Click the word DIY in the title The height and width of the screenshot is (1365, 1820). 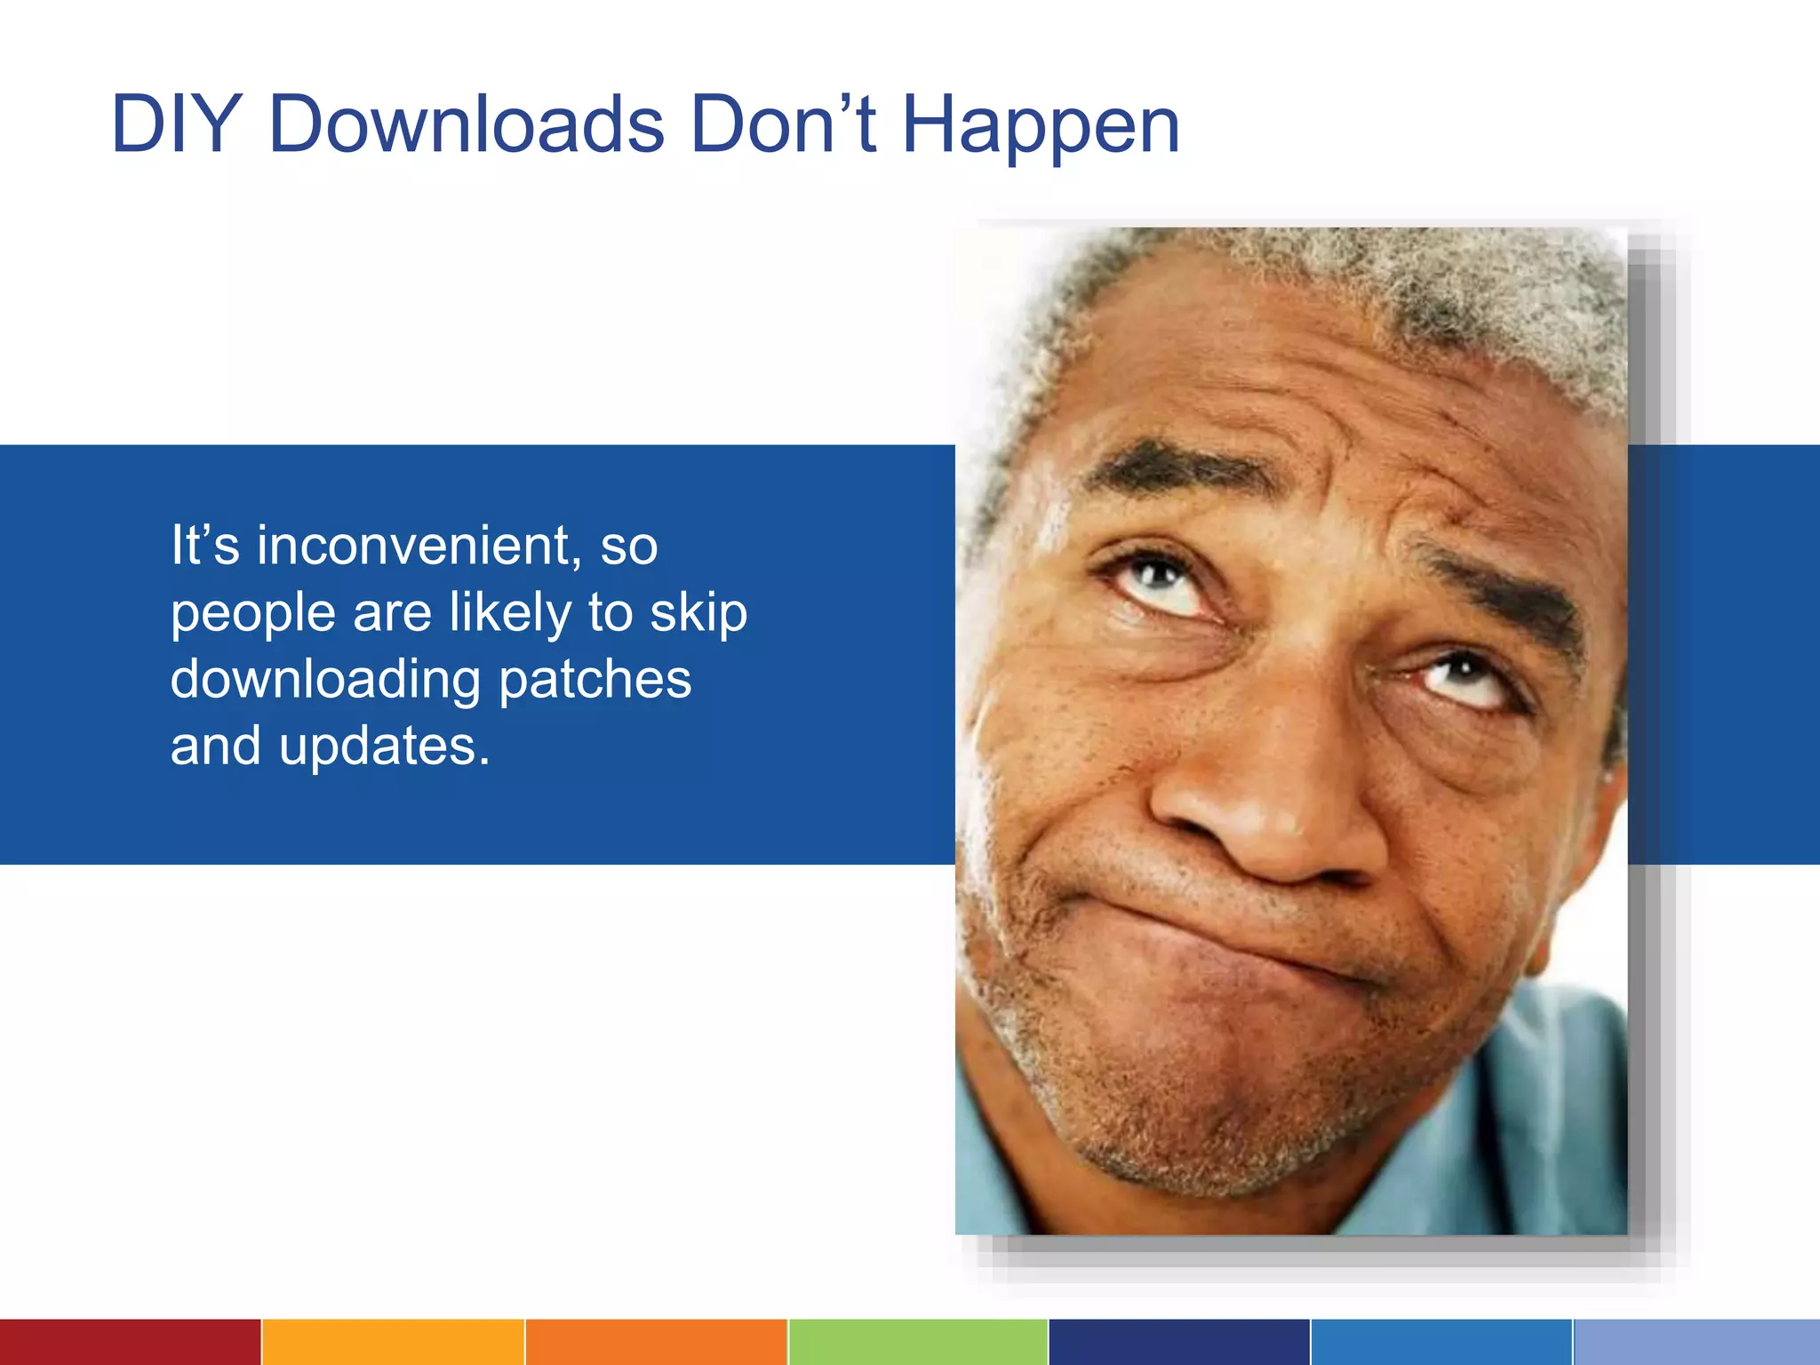[176, 124]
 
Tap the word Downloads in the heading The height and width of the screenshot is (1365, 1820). [466, 124]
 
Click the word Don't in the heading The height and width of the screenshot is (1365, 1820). [783, 124]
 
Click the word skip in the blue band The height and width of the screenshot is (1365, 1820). [698, 613]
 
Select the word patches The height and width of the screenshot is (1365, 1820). [595, 681]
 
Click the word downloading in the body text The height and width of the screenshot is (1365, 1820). [325, 681]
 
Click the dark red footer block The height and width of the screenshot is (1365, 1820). [130, 1342]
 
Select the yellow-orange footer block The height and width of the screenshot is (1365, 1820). [393, 1342]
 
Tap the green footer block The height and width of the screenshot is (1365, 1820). [918, 1342]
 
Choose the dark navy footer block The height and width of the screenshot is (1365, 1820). [1179, 1342]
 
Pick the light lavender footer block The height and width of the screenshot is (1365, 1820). [1696, 1342]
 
